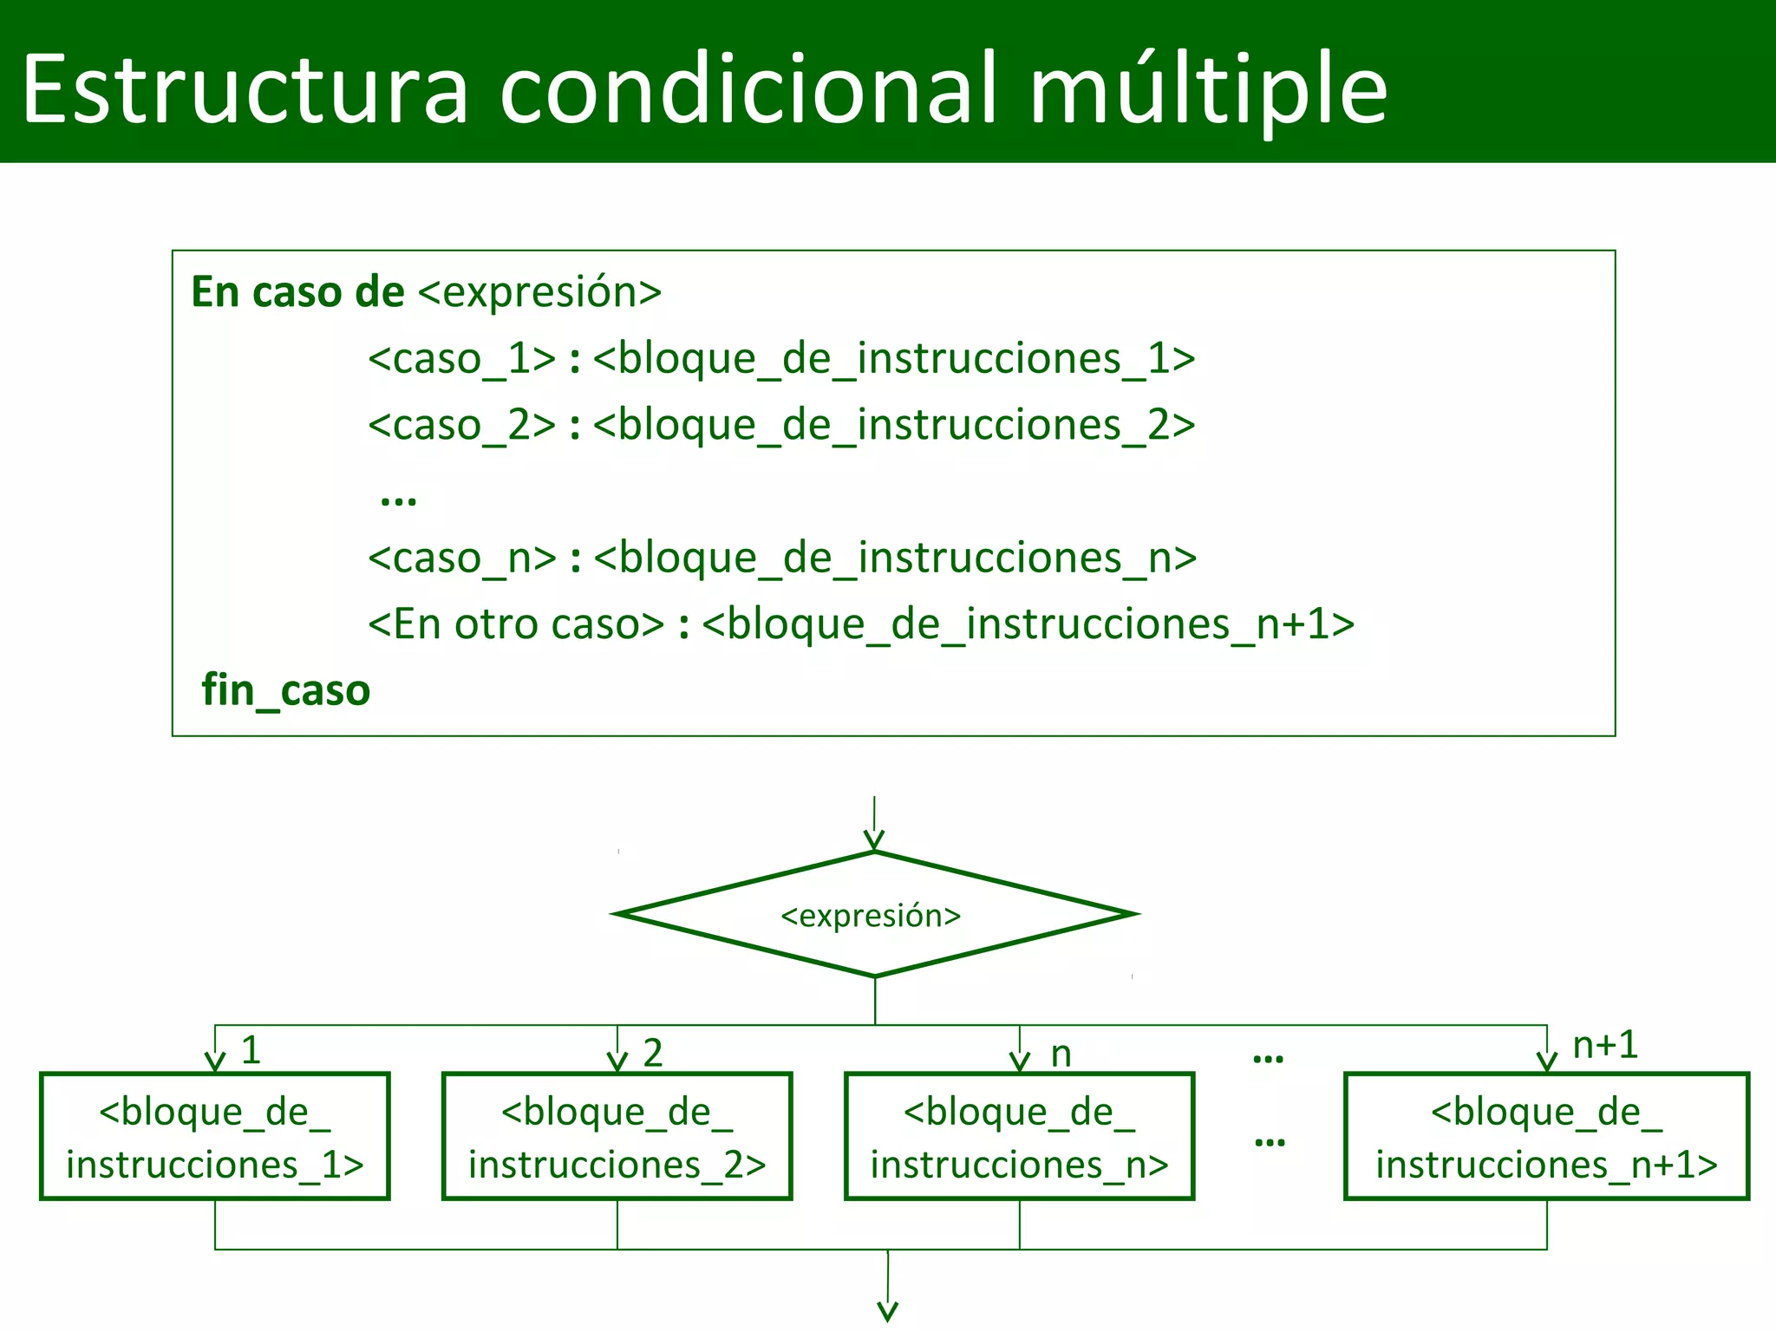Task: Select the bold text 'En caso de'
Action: click(x=297, y=292)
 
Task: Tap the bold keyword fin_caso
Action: click(x=285, y=691)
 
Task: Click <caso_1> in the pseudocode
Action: click(x=461, y=359)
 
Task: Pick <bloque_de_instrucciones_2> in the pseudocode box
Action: click(x=894, y=426)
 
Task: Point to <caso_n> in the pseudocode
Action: click(x=462, y=558)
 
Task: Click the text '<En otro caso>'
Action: click(x=516, y=624)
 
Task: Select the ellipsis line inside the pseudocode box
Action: click(x=399, y=499)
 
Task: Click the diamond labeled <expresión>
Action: click(x=874, y=915)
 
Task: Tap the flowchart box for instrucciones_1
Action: click(x=215, y=1137)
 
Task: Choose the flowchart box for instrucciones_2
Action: click(x=617, y=1137)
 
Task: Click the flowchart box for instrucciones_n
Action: click(x=1020, y=1137)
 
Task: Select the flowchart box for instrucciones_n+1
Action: click(x=1546, y=1137)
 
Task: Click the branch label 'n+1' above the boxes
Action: click(x=1605, y=1045)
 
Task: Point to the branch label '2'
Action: click(x=653, y=1053)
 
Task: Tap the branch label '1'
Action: click(x=251, y=1051)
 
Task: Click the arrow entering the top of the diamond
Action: click(x=874, y=824)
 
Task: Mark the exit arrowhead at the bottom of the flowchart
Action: click(x=888, y=1311)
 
